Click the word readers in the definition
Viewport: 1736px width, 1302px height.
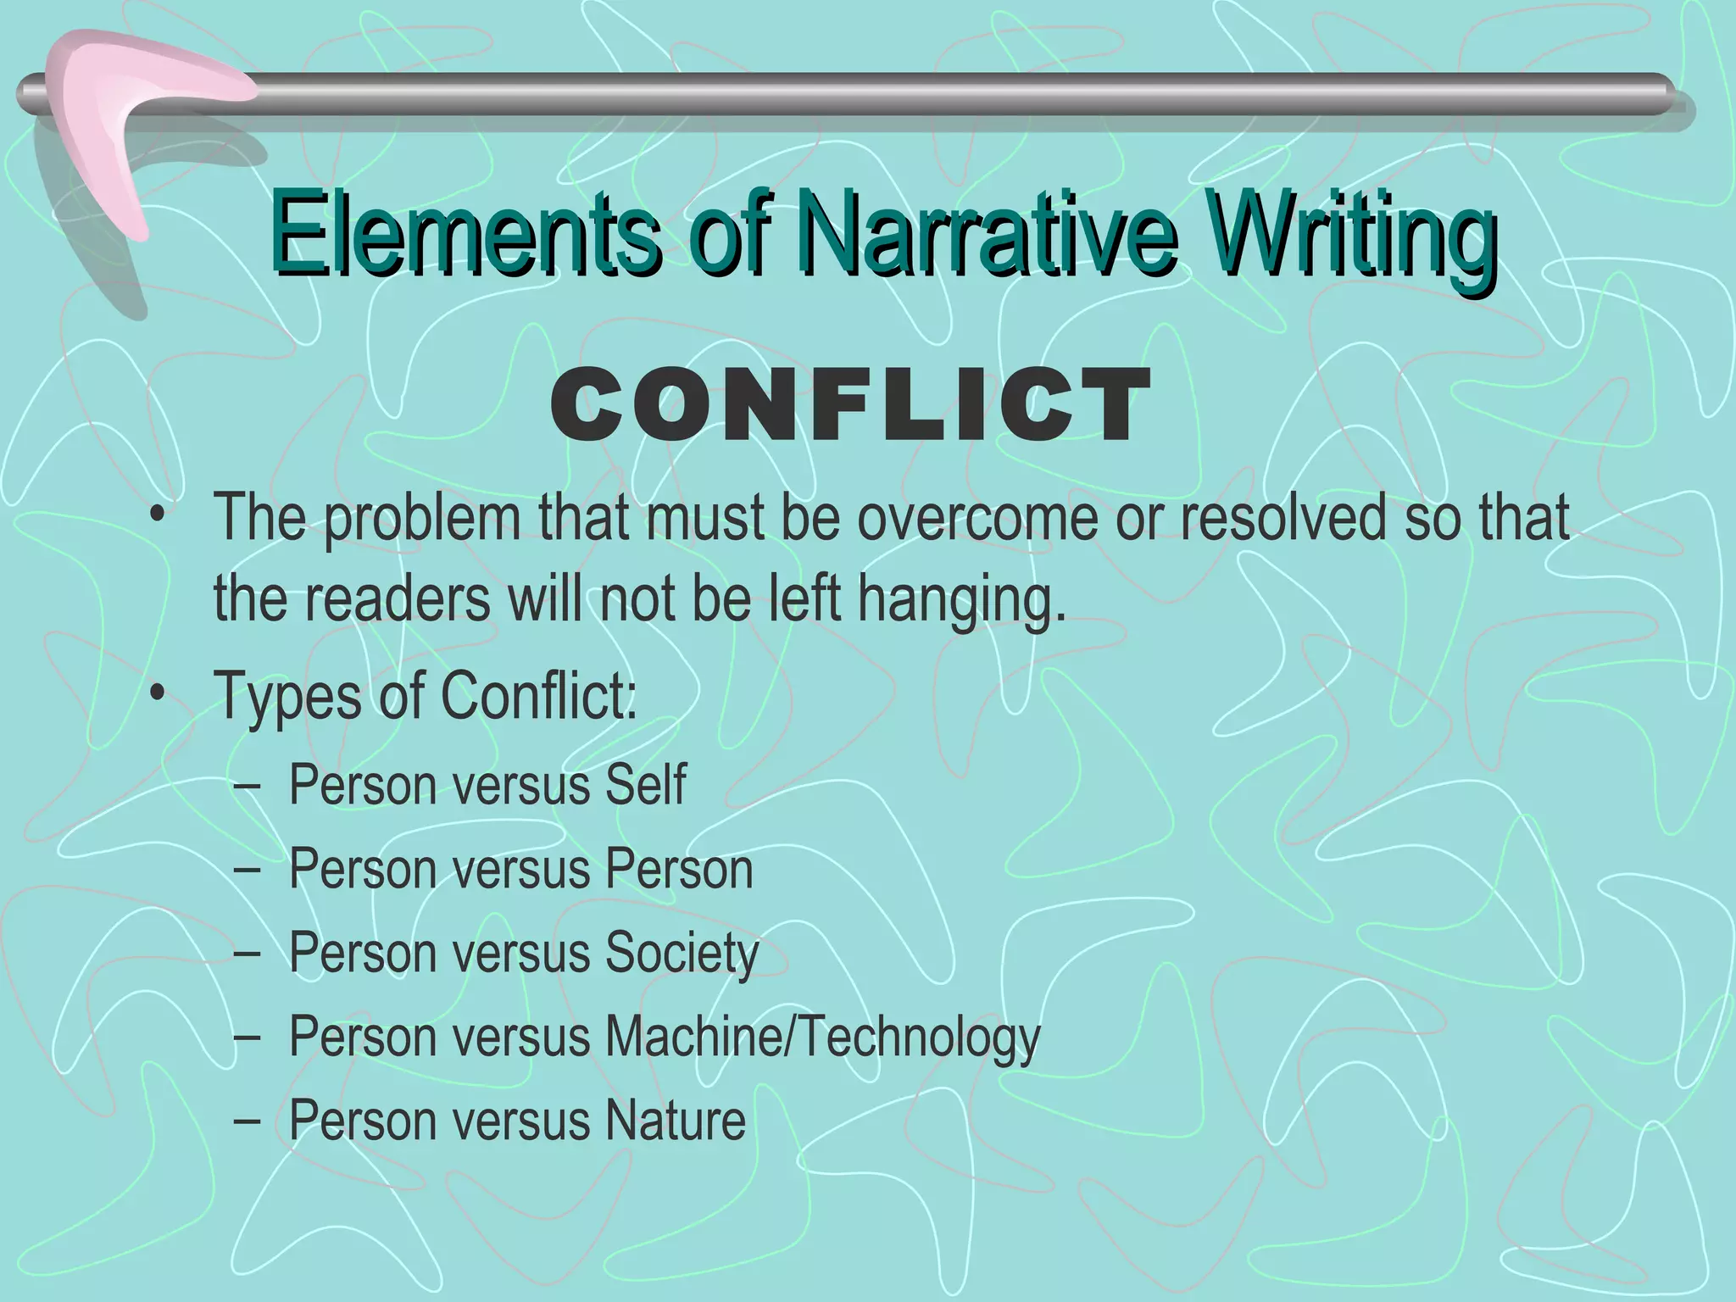398,598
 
